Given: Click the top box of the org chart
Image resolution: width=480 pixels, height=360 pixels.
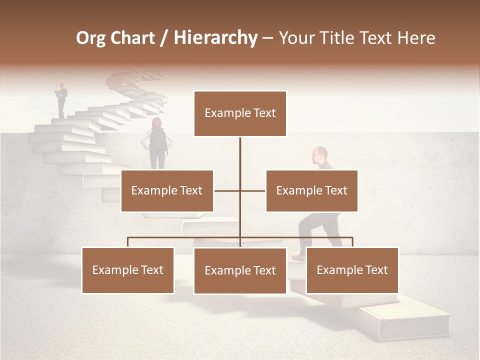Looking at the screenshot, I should pyautogui.click(x=240, y=113).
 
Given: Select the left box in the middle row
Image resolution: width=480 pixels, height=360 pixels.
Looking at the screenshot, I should pyautogui.click(x=167, y=190).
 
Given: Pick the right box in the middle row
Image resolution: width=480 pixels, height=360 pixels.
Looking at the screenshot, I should pyautogui.click(x=311, y=190).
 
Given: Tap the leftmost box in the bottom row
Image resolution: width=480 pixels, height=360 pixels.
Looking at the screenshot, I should pyautogui.click(x=128, y=270).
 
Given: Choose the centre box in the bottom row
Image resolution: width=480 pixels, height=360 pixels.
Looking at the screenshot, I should pyautogui.click(x=240, y=270).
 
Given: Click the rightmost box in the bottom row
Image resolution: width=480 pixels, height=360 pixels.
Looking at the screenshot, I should pyautogui.click(x=352, y=270).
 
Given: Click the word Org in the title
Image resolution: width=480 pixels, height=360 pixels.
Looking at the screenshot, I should pyautogui.click(x=90, y=38).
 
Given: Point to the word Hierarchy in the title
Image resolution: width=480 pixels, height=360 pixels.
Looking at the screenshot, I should pyautogui.click(x=215, y=38).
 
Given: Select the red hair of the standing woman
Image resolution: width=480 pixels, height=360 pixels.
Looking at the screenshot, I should pyautogui.click(x=157, y=122).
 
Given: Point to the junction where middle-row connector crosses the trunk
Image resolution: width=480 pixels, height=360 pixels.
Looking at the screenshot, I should pyautogui.click(x=240, y=190).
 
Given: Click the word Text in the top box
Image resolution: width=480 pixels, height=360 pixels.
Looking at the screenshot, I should pyautogui.click(x=264, y=113).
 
